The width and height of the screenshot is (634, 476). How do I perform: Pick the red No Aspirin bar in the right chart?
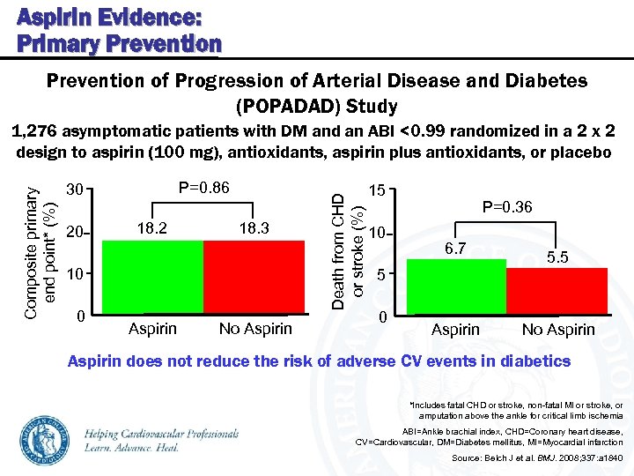[x=557, y=293]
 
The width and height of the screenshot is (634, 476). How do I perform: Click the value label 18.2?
[x=152, y=228]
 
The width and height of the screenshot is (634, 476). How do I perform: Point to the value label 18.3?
[x=254, y=228]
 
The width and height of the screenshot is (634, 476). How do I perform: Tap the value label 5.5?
[x=557, y=257]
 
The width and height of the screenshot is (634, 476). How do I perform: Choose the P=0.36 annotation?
[x=506, y=207]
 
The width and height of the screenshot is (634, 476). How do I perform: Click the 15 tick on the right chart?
[x=376, y=190]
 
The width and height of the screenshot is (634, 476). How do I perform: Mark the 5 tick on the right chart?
[x=380, y=275]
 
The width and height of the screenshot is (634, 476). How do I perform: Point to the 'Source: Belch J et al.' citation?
[x=536, y=458]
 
